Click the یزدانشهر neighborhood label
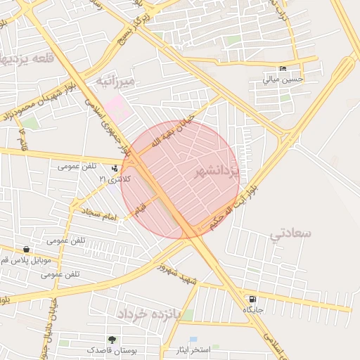217,172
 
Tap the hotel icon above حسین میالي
283,69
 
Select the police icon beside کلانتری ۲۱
115,168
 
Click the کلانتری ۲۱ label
115,179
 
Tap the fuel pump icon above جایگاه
253,300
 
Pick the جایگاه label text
253,309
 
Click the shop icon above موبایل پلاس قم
26,249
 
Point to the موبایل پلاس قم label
28,259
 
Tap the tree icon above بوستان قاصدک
112,340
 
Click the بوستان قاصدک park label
112,350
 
